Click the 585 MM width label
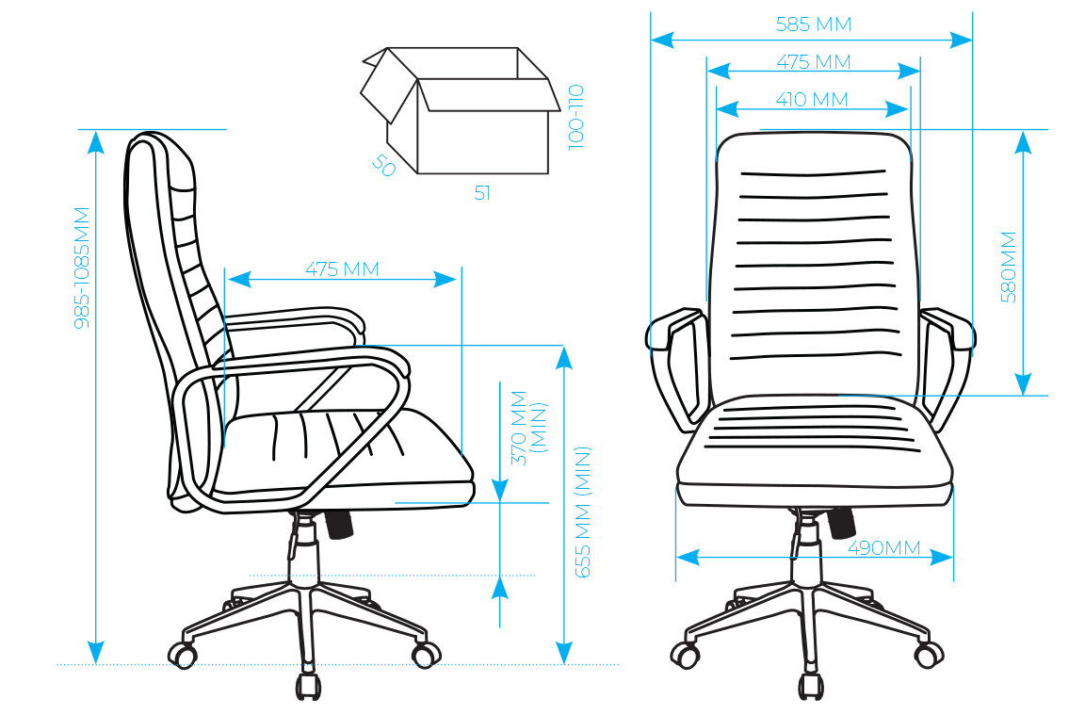pyautogui.click(x=813, y=24)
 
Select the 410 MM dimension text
pyautogui.click(x=812, y=99)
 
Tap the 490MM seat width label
pyautogui.click(x=883, y=547)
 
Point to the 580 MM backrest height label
pyautogui.click(x=1009, y=266)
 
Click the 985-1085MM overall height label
pyautogui.click(x=83, y=267)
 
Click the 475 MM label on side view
pyautogui.click(x=342, y=269)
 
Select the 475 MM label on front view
pyautogui.click(x=813, y=62)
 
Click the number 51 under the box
pyautogui.click(x=482, y=193)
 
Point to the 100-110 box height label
pyautogui.click(x=576, y=116)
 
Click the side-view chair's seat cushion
pyautogui.click(x=348, y=452)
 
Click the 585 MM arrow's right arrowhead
pyautogui.click(x=962, y=41)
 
